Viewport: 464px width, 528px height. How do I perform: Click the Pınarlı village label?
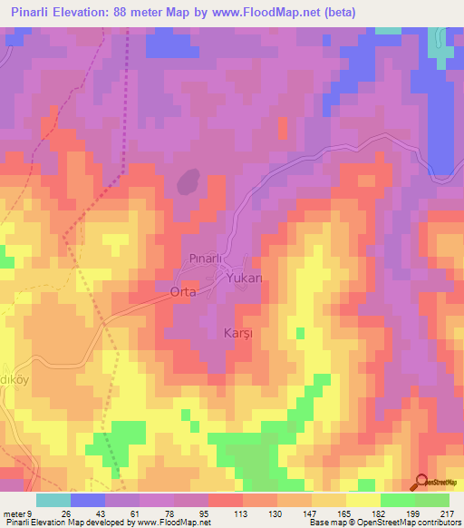206,259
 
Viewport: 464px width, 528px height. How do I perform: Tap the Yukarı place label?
244,279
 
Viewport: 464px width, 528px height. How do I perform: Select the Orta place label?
183,292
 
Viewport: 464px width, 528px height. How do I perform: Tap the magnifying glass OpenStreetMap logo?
422,482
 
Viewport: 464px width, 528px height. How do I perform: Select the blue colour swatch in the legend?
88,500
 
